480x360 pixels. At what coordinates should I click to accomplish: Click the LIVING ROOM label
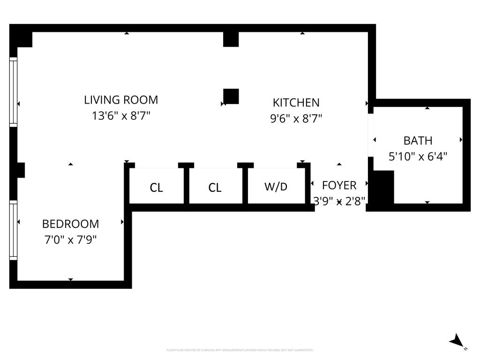coord(121,100)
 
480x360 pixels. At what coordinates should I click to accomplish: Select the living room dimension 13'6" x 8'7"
coord(121,115)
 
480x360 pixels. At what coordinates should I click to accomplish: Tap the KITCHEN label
coord(296,103)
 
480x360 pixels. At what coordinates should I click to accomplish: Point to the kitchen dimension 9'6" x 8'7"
coord(296,118)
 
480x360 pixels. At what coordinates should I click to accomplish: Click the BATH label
coord(418,141)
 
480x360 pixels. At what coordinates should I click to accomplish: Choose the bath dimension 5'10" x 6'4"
coord(418,156)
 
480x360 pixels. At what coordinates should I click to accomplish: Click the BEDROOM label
coord(70,224)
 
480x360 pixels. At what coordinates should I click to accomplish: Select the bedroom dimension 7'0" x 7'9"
coord(70,240)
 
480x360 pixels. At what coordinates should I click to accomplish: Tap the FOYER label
coord(339,185)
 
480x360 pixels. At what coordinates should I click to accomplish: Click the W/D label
coord(276,187)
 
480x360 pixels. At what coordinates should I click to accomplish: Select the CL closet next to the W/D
coord(215,188)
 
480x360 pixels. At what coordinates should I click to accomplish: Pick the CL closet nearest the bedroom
coord(156,188)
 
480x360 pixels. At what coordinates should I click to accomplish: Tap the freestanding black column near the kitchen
coord(231,96)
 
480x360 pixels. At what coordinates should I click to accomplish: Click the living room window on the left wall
coord(14,92)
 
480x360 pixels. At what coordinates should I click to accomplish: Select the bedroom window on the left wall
coord(14,230)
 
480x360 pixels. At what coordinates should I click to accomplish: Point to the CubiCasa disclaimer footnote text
coord(240,350)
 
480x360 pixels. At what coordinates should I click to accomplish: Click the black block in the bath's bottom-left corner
coord(383,187)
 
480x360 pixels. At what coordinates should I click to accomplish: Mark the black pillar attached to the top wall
coord(231,39)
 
